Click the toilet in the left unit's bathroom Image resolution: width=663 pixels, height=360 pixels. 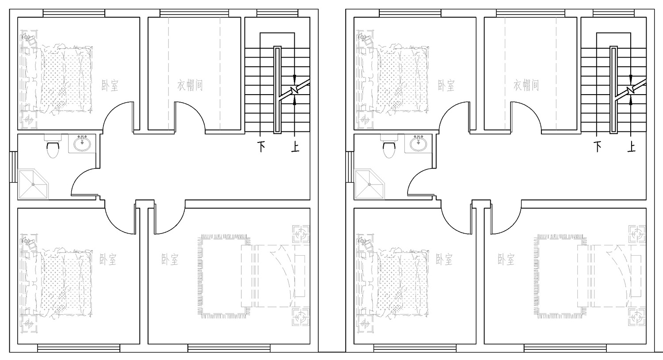click(53, 146)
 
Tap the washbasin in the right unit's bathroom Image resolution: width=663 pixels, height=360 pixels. click(419, 144)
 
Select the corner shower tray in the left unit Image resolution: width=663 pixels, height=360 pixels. click(33, 184)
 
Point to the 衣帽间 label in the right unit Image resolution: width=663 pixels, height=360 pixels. click(526, 85)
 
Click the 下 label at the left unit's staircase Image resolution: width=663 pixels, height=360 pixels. click(261, 146)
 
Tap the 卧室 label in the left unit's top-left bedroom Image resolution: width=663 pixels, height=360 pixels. click(110, 85)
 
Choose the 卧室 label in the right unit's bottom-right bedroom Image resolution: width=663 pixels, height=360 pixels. click(506, 259)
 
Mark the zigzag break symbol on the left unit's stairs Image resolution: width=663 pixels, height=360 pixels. click(293, 89)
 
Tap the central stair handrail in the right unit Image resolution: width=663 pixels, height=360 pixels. click(613, 90)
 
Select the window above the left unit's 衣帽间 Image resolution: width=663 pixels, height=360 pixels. click(194, 13)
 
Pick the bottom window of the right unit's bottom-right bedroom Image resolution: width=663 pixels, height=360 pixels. click(565, 348)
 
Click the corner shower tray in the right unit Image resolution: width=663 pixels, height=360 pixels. click(369, 184)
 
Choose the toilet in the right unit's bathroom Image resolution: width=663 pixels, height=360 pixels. click(389, 146)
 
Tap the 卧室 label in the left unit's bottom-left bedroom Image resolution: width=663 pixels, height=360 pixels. click(108, 259)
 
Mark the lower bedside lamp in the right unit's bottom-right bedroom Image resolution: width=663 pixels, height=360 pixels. click(637, 318)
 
